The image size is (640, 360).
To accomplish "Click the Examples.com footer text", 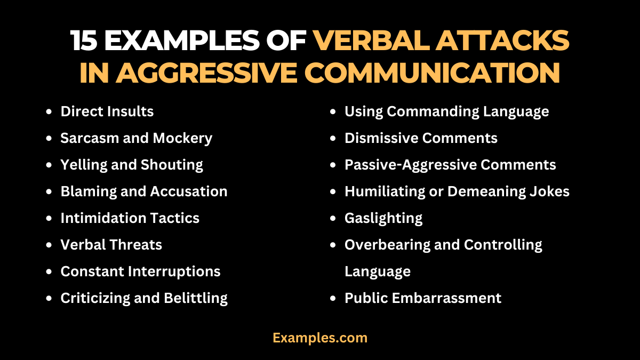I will tap(320, 338).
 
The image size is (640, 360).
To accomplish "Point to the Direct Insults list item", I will tap(107, 111).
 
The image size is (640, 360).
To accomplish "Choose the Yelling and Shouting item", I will tap(132, 165).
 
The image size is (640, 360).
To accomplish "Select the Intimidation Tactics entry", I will tap(130, 218).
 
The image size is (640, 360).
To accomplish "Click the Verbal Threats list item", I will tap(111, 245).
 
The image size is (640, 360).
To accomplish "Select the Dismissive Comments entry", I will tap(421, 138).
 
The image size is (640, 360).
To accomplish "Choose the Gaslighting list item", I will tap(383, 218).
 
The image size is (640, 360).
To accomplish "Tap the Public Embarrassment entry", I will tap(423, 298).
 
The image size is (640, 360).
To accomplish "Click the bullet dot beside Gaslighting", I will tap(333, 219).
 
